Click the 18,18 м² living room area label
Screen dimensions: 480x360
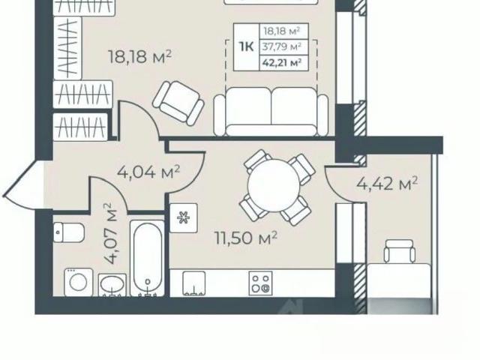pyautogui.click(x=140, y=57)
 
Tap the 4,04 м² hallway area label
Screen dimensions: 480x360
pyautogui.click(x=148, y=172)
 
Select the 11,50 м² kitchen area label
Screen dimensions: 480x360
pyautogui.click(x=246, y=238)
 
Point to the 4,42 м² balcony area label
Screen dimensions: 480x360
pyautogui.click(x=387, y=183)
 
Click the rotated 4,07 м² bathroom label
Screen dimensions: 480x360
pyautogui.click(x=110, y=233)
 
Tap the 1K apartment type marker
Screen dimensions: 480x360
pyautogui.click(x=247, y=47)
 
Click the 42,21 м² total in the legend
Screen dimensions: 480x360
pyautogui.click(x=281, y=63)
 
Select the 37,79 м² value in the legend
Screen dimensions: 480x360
pyautogui.click(x=281, y=46)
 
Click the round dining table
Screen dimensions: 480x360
pyautogui.click(x=273, y=185)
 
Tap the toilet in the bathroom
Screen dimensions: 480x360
pyautogui.click(x=69, y=232)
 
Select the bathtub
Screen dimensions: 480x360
pyautogui.click(x=148, y=258)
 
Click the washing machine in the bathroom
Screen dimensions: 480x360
pyautogui.click(x=79, y=282)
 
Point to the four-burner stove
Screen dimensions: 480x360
pyautogui.click(x=260, y=283)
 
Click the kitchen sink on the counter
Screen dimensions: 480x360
pyautogui.click(x=193, y=283)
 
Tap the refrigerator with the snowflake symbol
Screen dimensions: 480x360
pyautogui.click(x=183, y=218)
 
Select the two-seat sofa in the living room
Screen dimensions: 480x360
pyautogui.click(x=271, y=112)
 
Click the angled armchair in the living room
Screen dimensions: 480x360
pyautogui.click(x=178, y=103)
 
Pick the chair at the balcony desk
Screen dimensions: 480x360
pyautogui.click(x=400, y=251)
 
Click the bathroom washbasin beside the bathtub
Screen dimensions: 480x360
pyautogui.click(x=112, y=285)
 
